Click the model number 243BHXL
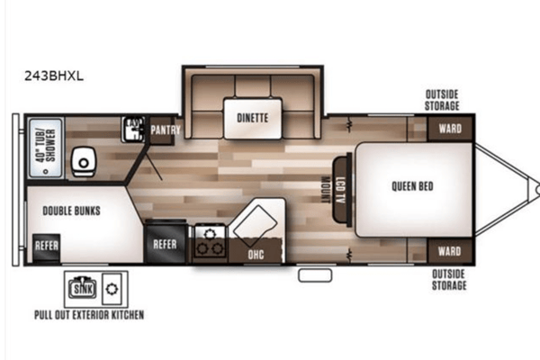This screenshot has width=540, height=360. pos(54,76)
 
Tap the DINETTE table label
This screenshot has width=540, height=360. pos(252,118)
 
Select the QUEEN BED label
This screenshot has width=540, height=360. pos(412,186)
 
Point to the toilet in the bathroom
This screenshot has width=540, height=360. pos(84,162)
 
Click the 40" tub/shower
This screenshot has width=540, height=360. pos(46,148)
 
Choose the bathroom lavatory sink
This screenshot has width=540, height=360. pos(133,130)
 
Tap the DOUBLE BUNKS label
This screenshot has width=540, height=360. pos(71,211)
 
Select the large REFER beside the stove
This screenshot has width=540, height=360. pos(166,243)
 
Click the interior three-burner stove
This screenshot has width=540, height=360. pos(210,242)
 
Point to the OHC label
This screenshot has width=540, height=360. pos(256,255)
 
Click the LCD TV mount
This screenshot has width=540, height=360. pos(342,190)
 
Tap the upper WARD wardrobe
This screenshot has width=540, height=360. pos(450,129)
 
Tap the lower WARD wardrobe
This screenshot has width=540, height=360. pos(450,251)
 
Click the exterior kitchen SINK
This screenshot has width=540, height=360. pos(83,288)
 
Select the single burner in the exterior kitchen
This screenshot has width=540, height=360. pos(112,289)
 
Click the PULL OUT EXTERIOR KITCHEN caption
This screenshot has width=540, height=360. pos(89,315)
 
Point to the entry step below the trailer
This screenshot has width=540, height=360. pos(315,275)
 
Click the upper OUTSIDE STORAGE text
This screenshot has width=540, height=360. pos(442,100)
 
